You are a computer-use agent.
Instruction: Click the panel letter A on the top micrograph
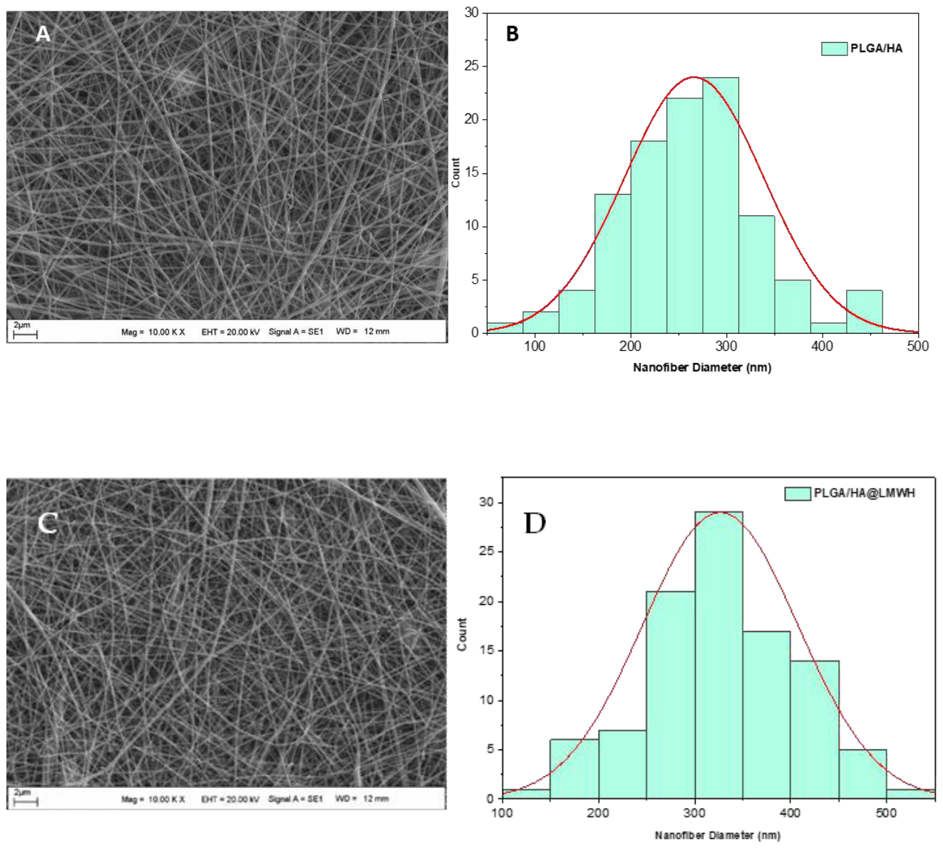[43, 34]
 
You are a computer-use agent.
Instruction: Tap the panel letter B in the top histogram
[512, 34]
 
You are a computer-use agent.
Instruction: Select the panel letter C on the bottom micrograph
[48, 523]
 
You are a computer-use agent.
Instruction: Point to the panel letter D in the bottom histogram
[535, 523]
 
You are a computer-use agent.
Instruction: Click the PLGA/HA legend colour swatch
[835, 48]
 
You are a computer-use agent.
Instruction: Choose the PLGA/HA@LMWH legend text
[865, 493]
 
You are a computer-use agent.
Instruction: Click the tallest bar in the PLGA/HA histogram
[721, 205]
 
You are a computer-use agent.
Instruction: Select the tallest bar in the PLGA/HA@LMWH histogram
[719, 655]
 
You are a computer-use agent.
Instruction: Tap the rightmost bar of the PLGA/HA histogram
[865, 312]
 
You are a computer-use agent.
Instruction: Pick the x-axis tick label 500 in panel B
[917, 347]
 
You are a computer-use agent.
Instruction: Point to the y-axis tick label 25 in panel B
[472, 66]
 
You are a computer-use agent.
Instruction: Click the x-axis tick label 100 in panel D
[502, 813]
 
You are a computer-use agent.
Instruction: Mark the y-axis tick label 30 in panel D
[487, 502]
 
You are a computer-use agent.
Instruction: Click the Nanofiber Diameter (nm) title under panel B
[702, 367]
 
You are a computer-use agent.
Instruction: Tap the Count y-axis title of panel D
[462, 634]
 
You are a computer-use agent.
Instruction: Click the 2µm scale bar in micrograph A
[25, 334]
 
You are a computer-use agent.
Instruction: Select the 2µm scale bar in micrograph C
[26, 802]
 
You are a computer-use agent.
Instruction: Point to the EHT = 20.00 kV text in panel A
[230, 332]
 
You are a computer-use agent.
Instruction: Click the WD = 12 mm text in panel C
[362, 799]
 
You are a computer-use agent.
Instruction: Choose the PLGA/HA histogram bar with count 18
[648, 237]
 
